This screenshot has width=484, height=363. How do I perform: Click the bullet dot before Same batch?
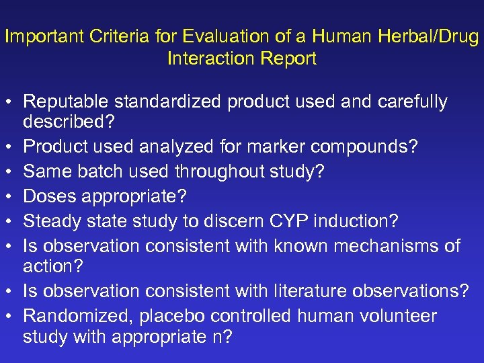9,171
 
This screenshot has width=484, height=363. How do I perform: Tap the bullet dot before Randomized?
9,316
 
